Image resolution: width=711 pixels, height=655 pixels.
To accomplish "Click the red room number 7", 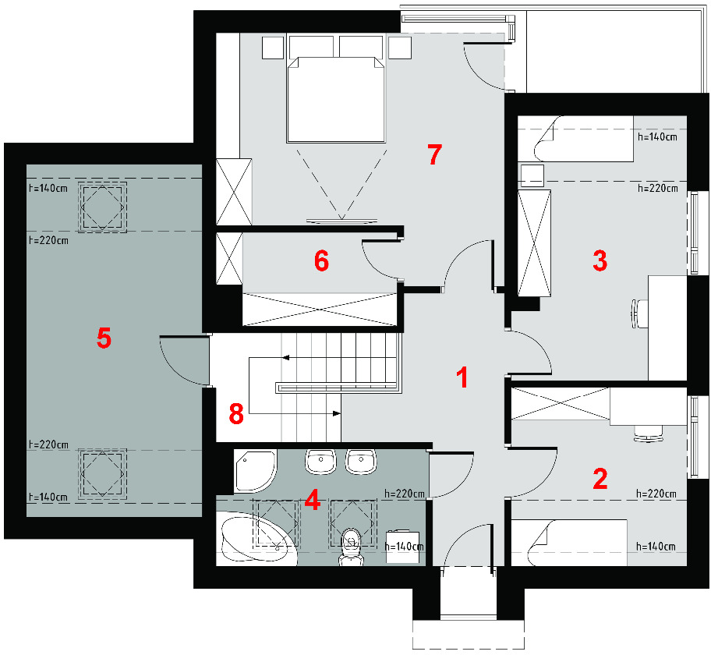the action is [434, 154].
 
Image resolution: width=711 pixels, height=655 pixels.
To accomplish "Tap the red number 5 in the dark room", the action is [104, 338].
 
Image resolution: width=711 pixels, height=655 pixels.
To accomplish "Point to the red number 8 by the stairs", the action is [236, 413].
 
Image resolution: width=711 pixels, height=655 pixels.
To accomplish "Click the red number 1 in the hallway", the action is [462, 377].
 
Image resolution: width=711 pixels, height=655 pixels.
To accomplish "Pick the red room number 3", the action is [600, 260].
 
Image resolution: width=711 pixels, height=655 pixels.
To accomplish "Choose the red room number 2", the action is [600, 479].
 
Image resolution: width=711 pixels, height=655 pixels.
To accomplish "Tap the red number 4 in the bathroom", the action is [313, 501].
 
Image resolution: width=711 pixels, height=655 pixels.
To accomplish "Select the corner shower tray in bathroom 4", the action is [254, 471].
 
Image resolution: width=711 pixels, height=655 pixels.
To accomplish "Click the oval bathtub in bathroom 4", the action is [257, 539].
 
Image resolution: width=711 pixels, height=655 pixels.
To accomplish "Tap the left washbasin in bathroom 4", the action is [321, 462].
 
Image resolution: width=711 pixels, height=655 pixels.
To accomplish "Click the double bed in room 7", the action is [336, 100].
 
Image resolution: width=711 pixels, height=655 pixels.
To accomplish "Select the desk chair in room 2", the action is [649, 434].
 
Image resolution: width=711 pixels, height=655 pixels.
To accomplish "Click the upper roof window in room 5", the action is [102, 207].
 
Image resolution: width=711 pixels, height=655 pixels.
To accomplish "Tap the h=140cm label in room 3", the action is [657, 136].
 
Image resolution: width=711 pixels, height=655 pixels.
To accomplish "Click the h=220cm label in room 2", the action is [656, 494].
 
